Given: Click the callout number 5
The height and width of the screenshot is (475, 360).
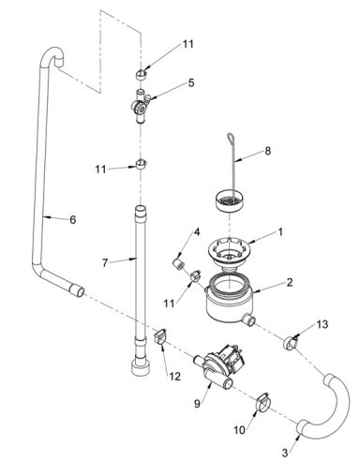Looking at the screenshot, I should [191, 82].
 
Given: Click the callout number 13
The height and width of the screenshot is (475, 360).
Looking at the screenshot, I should [322, 323].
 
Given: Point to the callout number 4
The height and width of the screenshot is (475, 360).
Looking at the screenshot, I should [197, 231].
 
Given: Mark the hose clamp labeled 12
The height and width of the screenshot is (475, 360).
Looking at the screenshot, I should [159, 335].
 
